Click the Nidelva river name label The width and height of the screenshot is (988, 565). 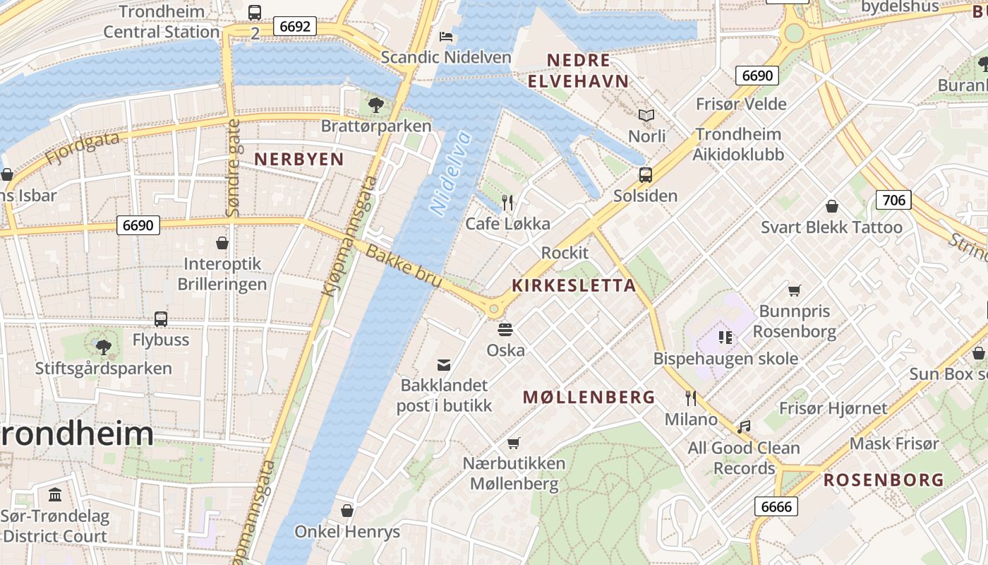coord(450,173)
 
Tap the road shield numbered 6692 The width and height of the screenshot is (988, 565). coord(295,26)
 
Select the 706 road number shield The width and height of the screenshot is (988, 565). coord(893,200)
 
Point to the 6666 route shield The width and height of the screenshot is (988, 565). coord(776,506)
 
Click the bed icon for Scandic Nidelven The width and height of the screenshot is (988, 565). coord(446,36)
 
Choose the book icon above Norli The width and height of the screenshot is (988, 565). coord(646,115)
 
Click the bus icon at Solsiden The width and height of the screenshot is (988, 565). coord(645,175)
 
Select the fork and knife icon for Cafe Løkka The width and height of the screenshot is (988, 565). coord(507,203)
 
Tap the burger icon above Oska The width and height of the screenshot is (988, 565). coord(505,329)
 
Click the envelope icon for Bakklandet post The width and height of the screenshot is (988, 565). coord(444,364)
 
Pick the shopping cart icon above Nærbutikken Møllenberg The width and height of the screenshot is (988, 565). coord(514,443)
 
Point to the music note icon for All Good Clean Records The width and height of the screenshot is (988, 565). coord(744,427)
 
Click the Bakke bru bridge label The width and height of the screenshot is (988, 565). coord(404,266)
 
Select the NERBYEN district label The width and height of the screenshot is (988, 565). coord(299,159)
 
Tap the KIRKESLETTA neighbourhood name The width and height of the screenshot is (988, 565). coord(574,285)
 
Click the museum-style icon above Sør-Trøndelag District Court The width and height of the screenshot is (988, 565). coord(55,494)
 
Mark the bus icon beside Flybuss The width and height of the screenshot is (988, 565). coord(161,319)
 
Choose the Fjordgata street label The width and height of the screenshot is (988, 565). coord(83,148)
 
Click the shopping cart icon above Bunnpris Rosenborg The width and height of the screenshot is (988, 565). coord(795,290)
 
